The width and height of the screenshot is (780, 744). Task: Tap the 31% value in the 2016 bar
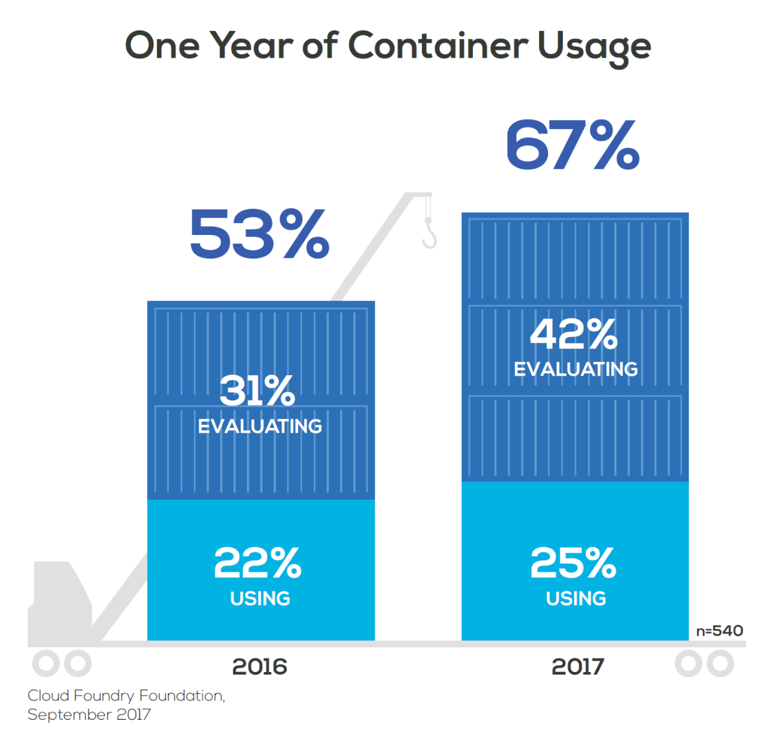pos(258,391)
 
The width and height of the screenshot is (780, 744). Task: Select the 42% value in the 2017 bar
pos(574,335)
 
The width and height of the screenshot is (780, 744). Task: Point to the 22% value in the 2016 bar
pos(258,563)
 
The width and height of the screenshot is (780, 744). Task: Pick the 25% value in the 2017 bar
pos(574,563)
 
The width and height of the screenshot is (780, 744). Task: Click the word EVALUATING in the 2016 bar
pos(260,426)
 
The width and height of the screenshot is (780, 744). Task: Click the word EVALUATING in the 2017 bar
pos(576,369)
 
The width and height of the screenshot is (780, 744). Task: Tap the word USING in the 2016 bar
pos(260,598)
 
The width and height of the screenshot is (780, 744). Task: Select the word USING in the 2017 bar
pos(576,598)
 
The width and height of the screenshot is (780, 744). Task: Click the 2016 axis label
pos(259,666)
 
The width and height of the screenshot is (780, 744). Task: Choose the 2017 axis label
pos(578,666)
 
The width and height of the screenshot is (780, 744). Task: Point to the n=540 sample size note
pos(719,631)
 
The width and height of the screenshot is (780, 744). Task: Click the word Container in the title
pos(437,46)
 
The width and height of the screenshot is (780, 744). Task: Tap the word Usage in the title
pos(594,47)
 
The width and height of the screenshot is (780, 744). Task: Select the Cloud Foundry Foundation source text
pos(126,696)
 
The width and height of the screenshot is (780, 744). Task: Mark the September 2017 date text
pos(89,714)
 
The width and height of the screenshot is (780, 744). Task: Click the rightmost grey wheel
pos(720,663)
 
